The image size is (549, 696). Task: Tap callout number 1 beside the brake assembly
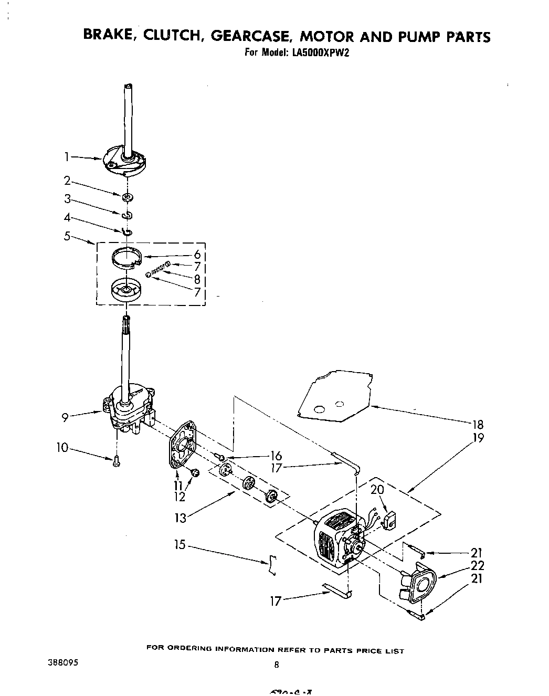[x=67, y=156]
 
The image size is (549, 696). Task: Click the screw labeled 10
[x=115, y=461]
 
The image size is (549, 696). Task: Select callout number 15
[x=180, y=545]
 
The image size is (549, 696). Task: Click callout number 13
[x=180, y=518]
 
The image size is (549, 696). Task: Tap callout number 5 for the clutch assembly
[x=67, y=236]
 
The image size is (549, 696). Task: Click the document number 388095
[x=62, y=662]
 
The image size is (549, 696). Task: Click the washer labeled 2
[x=126, y=198]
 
